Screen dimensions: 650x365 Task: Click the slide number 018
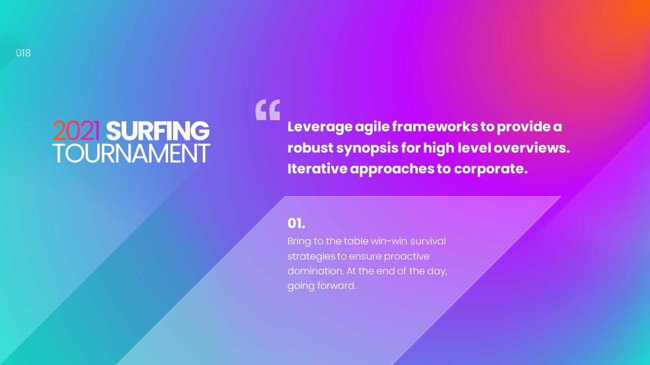[x=23, y=53]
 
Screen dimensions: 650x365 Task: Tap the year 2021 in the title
[x=76, y=131]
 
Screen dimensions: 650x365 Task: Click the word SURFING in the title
[x=157, y=131]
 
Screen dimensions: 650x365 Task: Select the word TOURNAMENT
[x=132, y=153]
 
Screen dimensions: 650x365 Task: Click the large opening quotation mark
[x=268, y=110]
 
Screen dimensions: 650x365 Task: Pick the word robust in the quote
[x=310, y=148]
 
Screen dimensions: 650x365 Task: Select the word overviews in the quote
[x=532, y=148]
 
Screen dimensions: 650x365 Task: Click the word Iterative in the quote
[x=317, y=169]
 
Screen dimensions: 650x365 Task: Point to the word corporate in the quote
[x=491, y=169]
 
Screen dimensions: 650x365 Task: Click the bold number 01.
[x=296, y=224]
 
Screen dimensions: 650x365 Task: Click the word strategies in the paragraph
[x=311, y=257]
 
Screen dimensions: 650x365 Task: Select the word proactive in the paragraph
[x=407, y=257]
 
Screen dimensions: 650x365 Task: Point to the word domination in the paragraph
[x=316, y=271]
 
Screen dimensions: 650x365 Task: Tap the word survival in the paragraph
[x=428, y=241]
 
